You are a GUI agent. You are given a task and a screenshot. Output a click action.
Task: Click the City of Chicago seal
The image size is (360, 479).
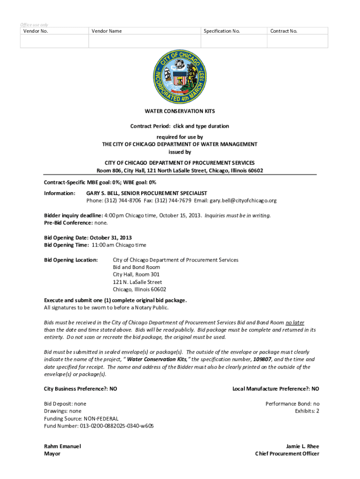(180, 77)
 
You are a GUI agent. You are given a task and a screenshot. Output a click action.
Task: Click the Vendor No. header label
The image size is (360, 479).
(36, 31)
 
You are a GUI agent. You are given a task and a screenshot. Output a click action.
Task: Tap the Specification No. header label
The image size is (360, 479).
(222, 31)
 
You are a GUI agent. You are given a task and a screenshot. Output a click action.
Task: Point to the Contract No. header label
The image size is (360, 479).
(283, 31)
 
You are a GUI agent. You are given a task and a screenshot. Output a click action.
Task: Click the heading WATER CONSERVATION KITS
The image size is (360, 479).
(180, 111)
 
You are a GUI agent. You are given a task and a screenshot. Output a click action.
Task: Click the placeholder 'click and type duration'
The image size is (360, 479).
(201, 126)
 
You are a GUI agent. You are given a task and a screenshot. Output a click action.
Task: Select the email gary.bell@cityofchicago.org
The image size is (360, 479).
(243, 201)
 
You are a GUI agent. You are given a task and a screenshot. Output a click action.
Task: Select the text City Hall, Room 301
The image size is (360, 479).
(136, 275)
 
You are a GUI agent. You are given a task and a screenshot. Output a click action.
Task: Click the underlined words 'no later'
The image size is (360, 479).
(295, 323)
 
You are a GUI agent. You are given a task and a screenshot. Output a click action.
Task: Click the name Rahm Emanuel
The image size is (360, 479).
(62, 446)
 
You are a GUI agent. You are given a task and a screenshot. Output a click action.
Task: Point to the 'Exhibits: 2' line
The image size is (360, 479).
(307, 411)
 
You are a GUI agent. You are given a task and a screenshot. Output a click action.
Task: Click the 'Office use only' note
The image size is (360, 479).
(34, 25)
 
